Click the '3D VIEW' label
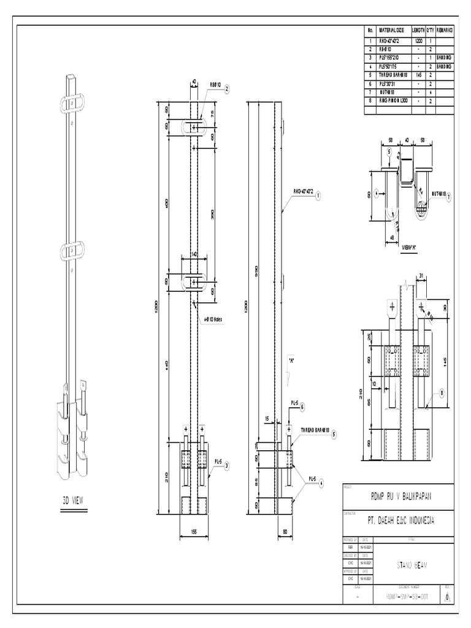(x=73, y=500)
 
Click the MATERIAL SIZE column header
(x=391, y=29)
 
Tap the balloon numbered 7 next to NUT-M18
(x=448, y=196)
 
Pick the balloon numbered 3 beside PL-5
(x=226, y=466)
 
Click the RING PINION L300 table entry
(x=391, y=101)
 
